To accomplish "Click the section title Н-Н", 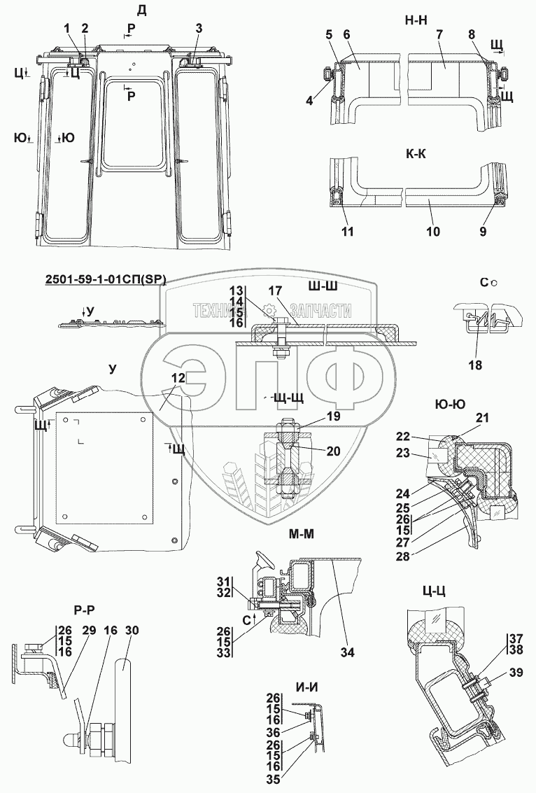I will [x=416, y=20].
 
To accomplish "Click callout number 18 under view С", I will [x=477, y=364].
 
